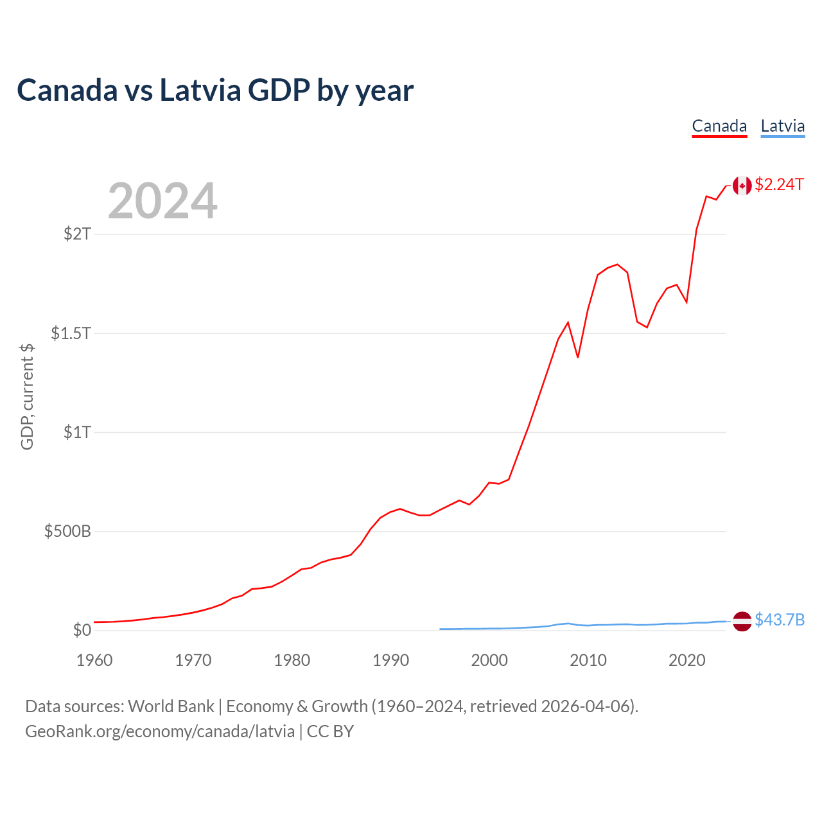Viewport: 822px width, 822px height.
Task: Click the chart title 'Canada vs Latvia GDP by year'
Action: [x=215, y=90]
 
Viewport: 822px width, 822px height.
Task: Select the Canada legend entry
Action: [x=719, y=126]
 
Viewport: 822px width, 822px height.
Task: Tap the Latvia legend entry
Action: [x=782, y=126]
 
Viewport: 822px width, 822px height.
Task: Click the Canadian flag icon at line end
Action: [x=742, y=186]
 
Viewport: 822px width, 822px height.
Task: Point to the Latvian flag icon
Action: [x=742, y=621]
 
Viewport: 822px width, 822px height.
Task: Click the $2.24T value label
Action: [x=779, y=185]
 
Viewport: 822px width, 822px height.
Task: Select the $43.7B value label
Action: [x=780, y=620]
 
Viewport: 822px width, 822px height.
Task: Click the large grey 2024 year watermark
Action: [x=162, y=202]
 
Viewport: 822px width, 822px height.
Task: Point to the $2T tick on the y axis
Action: [x=77, y=234]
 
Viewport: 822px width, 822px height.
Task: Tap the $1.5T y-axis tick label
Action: [x=71, y=333]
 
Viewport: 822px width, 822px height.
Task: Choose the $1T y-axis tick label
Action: [x=77, y=432]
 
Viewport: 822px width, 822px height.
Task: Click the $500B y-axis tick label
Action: [x=67, y=532]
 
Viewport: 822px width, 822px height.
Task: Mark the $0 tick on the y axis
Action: [x=82, y=630]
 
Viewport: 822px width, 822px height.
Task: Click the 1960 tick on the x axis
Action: [x=94, y=660]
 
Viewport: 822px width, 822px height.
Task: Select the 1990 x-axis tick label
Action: [x=390, y=660]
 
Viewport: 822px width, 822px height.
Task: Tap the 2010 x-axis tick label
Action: [x=588, y=660]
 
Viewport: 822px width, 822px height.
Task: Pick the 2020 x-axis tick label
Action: [x=687, y=660]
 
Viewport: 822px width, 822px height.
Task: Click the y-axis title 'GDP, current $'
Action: [x=27, y=396]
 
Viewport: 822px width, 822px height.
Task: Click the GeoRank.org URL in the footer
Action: [x=160, y=731]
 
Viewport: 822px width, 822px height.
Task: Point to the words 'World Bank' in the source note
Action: [x=171, y=706]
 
